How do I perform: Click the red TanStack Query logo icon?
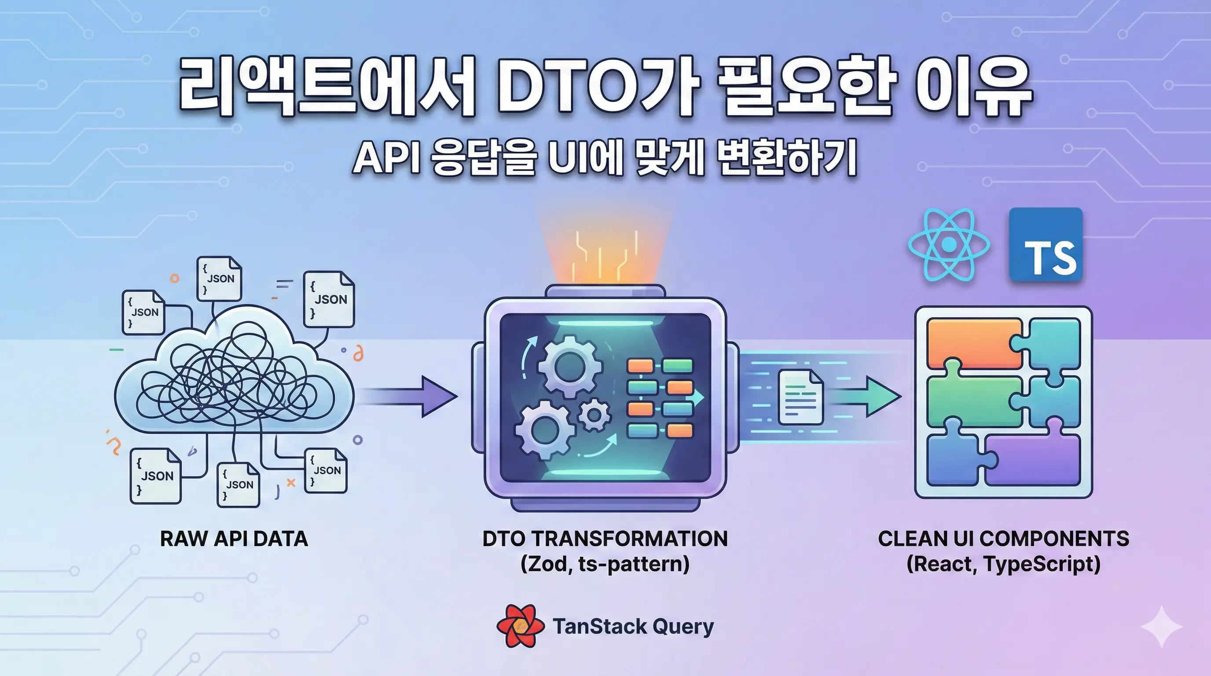[x=521, y=626]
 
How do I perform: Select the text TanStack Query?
[x=633, y=627]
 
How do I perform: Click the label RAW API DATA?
[x=234, y=539]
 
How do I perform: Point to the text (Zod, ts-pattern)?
[x=605, y=564]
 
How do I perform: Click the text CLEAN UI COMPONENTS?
[x=1003, y=539]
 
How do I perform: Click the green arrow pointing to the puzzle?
[x=874, y=396]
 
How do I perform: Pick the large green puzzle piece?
[x=973, y=402]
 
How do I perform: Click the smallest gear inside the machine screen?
[x=594, y=415]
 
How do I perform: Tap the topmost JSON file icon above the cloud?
[x=219, y=278]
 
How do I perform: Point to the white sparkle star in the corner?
[x=1161, y=627]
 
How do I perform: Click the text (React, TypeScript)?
[x=1003, y=564]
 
